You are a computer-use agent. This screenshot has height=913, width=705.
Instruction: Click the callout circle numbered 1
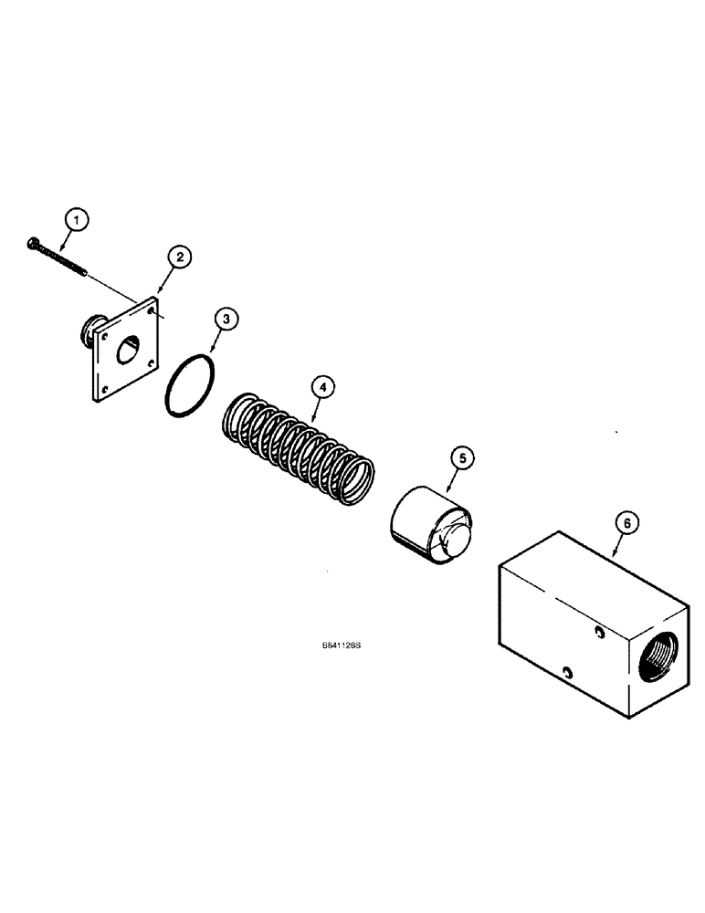(x=78, y=219)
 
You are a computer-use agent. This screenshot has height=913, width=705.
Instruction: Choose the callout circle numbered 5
(x=461, y=458)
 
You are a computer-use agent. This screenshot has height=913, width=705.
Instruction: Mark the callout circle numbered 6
(x=625, y=524)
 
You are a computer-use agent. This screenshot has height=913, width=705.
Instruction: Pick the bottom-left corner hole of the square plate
(x=104, y=389)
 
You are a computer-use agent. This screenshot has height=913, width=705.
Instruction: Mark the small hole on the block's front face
(x=568, y=673)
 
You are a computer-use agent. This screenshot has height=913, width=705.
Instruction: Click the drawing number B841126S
(x=342, y=645)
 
